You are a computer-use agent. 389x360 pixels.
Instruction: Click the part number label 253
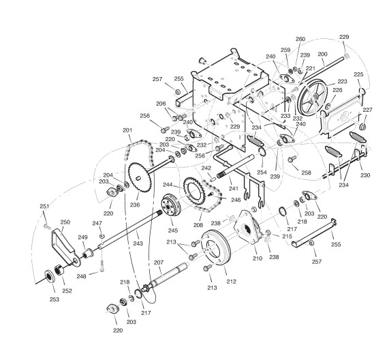(55, 299)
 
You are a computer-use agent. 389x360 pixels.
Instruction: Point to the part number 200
(322, 54)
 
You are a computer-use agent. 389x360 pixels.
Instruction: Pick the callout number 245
(172, 230)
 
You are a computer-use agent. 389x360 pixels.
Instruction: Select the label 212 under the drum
(231, 282)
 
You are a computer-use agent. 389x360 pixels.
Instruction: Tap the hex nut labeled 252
(59, 269)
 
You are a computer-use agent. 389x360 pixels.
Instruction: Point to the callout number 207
(159, 262)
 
